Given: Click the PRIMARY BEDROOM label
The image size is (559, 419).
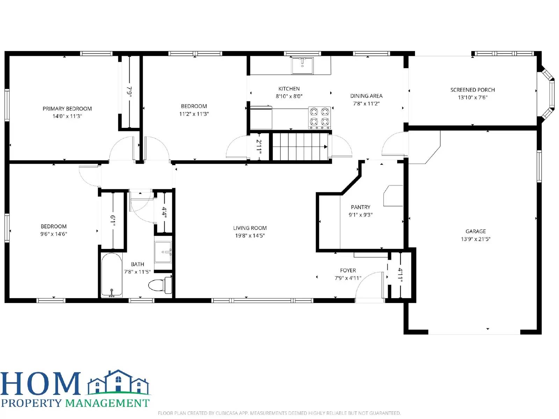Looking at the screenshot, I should pyautogui.click(x=67, y=109).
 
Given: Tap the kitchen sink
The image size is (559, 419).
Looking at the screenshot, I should pyautogui.click(x=303, y=66).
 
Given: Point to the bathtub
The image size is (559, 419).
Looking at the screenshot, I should pyautogui.click(x=112, y=275).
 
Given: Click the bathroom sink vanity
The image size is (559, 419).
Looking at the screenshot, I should pyautogui.click(x=163, y=252).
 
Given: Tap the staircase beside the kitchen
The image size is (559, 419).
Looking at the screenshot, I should pyautogui.click(x=300, y=146).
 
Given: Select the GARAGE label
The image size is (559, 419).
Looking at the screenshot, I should pyautogui.click(x=475, y=231).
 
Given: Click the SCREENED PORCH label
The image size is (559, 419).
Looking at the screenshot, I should pyautogui.click(x=472, y=90).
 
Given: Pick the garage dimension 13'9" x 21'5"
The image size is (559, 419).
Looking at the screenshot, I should pyautogui.click(x=475, y=239).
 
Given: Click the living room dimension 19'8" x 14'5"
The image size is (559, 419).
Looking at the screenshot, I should pyautogui.click(x=250, y=236).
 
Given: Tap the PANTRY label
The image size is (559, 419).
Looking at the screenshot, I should pyautogui.click(x=361, y=207).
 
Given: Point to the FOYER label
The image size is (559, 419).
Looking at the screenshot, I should pyautogui.click(x=348, y=270).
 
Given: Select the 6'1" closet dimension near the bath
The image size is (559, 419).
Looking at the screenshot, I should pyautogui.click(x=112, y=221).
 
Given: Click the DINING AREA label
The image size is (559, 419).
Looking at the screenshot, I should pyautogui.click(x=366, y=96).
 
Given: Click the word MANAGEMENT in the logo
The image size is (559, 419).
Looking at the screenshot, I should pyautogui.click(x=107, y=403).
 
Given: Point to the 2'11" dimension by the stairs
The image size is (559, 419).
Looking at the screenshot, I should pyautogui.click(x=259, y=147).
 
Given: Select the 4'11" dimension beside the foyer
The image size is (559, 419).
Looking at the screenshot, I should pyautogui.click(x=400, y=276).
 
